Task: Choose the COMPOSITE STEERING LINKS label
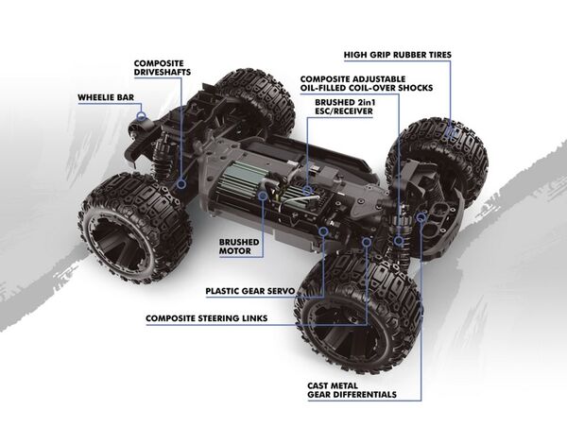coord(205,317)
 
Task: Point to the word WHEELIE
coord(93,96)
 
